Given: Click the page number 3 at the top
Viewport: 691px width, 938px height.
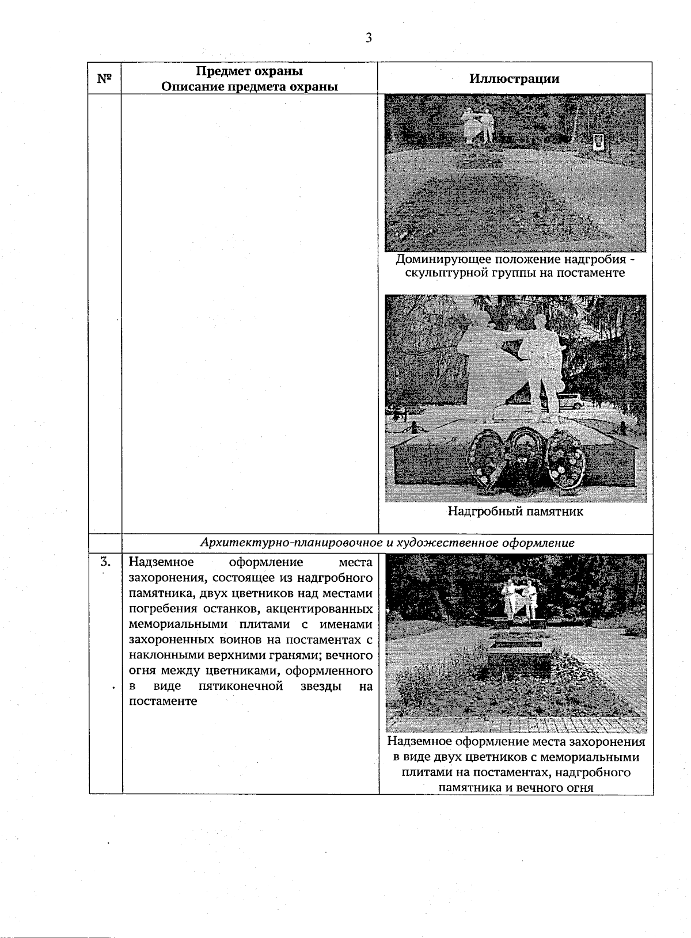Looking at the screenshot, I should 369,39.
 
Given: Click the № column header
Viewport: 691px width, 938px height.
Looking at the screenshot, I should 104,79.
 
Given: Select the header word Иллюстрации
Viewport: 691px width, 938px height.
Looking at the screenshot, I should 514,79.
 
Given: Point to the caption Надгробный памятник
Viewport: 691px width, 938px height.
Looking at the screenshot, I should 515,512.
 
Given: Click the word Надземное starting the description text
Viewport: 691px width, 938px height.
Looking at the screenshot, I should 161,562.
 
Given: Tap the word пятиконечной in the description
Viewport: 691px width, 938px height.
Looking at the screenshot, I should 241,687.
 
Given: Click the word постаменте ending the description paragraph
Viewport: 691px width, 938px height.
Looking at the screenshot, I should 163,701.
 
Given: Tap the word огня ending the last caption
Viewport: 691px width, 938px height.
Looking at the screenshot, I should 579,787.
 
